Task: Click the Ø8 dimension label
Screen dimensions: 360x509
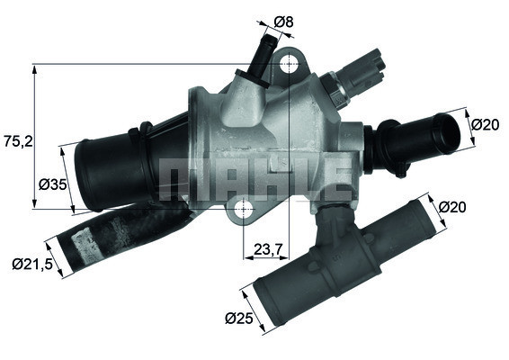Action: [283, 19]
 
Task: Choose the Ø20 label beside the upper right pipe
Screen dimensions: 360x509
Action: [485, 124]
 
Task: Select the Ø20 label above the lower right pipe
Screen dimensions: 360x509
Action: [454, 208]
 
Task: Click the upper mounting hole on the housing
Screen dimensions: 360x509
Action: [288, 65]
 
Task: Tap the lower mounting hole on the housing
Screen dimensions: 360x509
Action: [242, 211]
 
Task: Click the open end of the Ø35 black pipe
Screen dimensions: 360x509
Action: [84, 169]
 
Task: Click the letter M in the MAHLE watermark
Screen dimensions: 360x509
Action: [180, 177]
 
